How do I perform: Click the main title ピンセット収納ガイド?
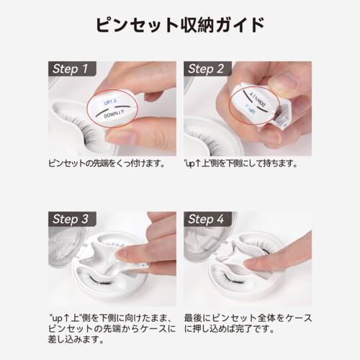click(x=179, y=25)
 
